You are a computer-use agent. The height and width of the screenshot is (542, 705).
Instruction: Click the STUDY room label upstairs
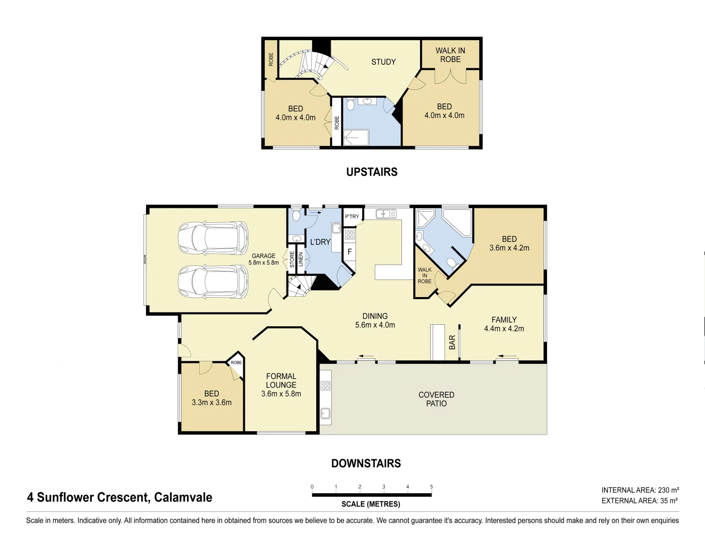[x=383, y=62]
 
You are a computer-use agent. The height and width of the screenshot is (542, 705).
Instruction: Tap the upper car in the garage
[x=213, y=238]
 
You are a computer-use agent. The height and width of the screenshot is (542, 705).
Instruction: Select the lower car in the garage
[x=213, y=282]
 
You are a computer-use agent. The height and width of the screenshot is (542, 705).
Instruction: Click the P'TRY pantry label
[x=352, y=217]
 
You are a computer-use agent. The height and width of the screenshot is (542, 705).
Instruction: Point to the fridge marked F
[x=349, y=252]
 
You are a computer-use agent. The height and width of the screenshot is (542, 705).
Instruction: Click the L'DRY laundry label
[x=320, y=242]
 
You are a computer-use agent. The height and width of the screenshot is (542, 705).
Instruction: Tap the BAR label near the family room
[x=452, y=342]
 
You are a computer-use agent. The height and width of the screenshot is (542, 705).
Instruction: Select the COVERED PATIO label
[x=436, y=399]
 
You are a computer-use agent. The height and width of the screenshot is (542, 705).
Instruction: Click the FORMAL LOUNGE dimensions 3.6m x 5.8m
[x=281, y=394]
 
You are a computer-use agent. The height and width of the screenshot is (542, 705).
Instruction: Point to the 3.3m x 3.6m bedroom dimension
[x=212, y=402]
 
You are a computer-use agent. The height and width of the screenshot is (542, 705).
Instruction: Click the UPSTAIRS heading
[x=372, y=172]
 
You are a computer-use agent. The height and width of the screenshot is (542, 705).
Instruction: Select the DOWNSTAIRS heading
[x=366, y=464]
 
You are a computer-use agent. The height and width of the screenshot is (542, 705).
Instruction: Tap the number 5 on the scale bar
[x=431, y=487]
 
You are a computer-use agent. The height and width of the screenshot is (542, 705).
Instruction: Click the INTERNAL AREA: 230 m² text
[x=640, y=490]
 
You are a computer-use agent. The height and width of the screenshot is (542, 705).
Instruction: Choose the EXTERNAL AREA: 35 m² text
[x=639, y=501]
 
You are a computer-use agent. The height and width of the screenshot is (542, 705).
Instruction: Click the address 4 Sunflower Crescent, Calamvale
[x=119, y=497]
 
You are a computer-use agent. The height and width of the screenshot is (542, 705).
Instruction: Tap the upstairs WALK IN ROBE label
[x=450, y=55]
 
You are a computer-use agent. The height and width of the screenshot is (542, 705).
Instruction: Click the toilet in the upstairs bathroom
[x=351, y=105]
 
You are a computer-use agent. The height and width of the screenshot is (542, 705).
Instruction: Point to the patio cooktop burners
[x=326, y=385]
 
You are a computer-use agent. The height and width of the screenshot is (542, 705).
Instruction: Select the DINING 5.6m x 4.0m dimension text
[x=375, y=325]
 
